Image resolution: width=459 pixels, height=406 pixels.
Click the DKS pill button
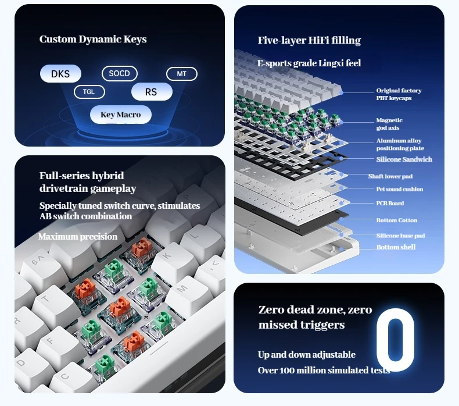click(x=60, y=73)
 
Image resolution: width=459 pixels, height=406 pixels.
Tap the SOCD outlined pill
click(x=120, y=73)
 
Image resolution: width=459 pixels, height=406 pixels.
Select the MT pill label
click(x=182, y=74)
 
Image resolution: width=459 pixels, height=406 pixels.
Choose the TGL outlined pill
click(x=89, y=92)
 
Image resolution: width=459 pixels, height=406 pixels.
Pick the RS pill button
click(x=152, y=92)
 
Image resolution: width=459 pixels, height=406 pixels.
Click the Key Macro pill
click(x=121, y=115)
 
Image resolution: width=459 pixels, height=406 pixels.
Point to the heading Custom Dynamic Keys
click(x=93, y=40)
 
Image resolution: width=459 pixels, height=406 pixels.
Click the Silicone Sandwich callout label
click(x=404, y=159)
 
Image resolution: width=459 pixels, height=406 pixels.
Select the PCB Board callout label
click(x=390, y=204)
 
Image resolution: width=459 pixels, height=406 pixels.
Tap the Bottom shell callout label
click(x=396, y=247)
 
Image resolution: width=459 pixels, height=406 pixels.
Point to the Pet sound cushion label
click(x=400, y=189)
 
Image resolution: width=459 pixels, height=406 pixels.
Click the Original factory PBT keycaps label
click(x=399, y=94)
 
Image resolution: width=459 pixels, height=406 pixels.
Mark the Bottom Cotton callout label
click(x=397, y=220)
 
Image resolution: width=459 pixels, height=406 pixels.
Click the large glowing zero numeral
click(x=396, y=340)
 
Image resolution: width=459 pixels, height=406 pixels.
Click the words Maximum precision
click(x=78, y=237)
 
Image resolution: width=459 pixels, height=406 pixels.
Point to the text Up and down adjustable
click(x=307, y=355)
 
